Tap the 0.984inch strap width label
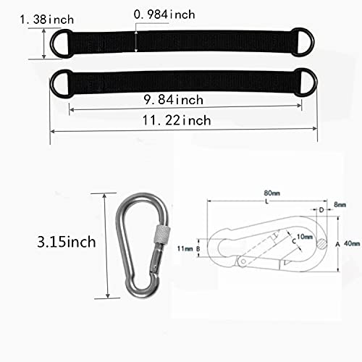(x=166, y=14)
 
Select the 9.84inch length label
(x=174, y=99)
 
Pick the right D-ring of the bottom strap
(x=307, y=79)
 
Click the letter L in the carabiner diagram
(x=266, y=202)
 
